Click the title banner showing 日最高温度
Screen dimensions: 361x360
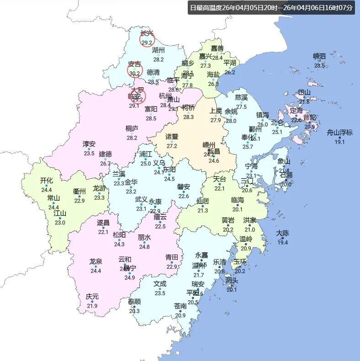(x=271, y=8)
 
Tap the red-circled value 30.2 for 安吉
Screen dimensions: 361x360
(x=134, y=73)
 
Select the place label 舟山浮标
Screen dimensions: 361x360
(x=339, y=133)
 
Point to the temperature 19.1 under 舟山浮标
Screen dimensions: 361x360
(x=339, y=142)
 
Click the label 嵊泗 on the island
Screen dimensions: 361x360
(x=319, y=57)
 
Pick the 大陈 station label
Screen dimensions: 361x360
(x=283, y=234)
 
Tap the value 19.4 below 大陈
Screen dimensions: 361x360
(x=283, y=242)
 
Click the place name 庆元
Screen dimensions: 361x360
(x=92, y=297)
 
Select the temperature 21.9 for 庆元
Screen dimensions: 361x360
(x=92, y=306)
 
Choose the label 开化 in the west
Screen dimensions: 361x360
(x=47, y=180)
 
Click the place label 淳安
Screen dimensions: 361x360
(x=89, y=144)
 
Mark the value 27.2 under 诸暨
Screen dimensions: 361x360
(x=172, y=146)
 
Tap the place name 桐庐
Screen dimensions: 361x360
(x=132, y=129)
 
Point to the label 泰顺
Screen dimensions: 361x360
(x=134, y=302)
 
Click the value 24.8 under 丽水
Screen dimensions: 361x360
(x=144, y=247)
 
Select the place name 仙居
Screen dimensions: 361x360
(x=203, y=201)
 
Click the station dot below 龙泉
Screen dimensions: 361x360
(x=96, y=266)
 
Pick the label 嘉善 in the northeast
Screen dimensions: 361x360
(x=217, y=48)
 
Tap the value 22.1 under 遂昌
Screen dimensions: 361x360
(x=103, y=232)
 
